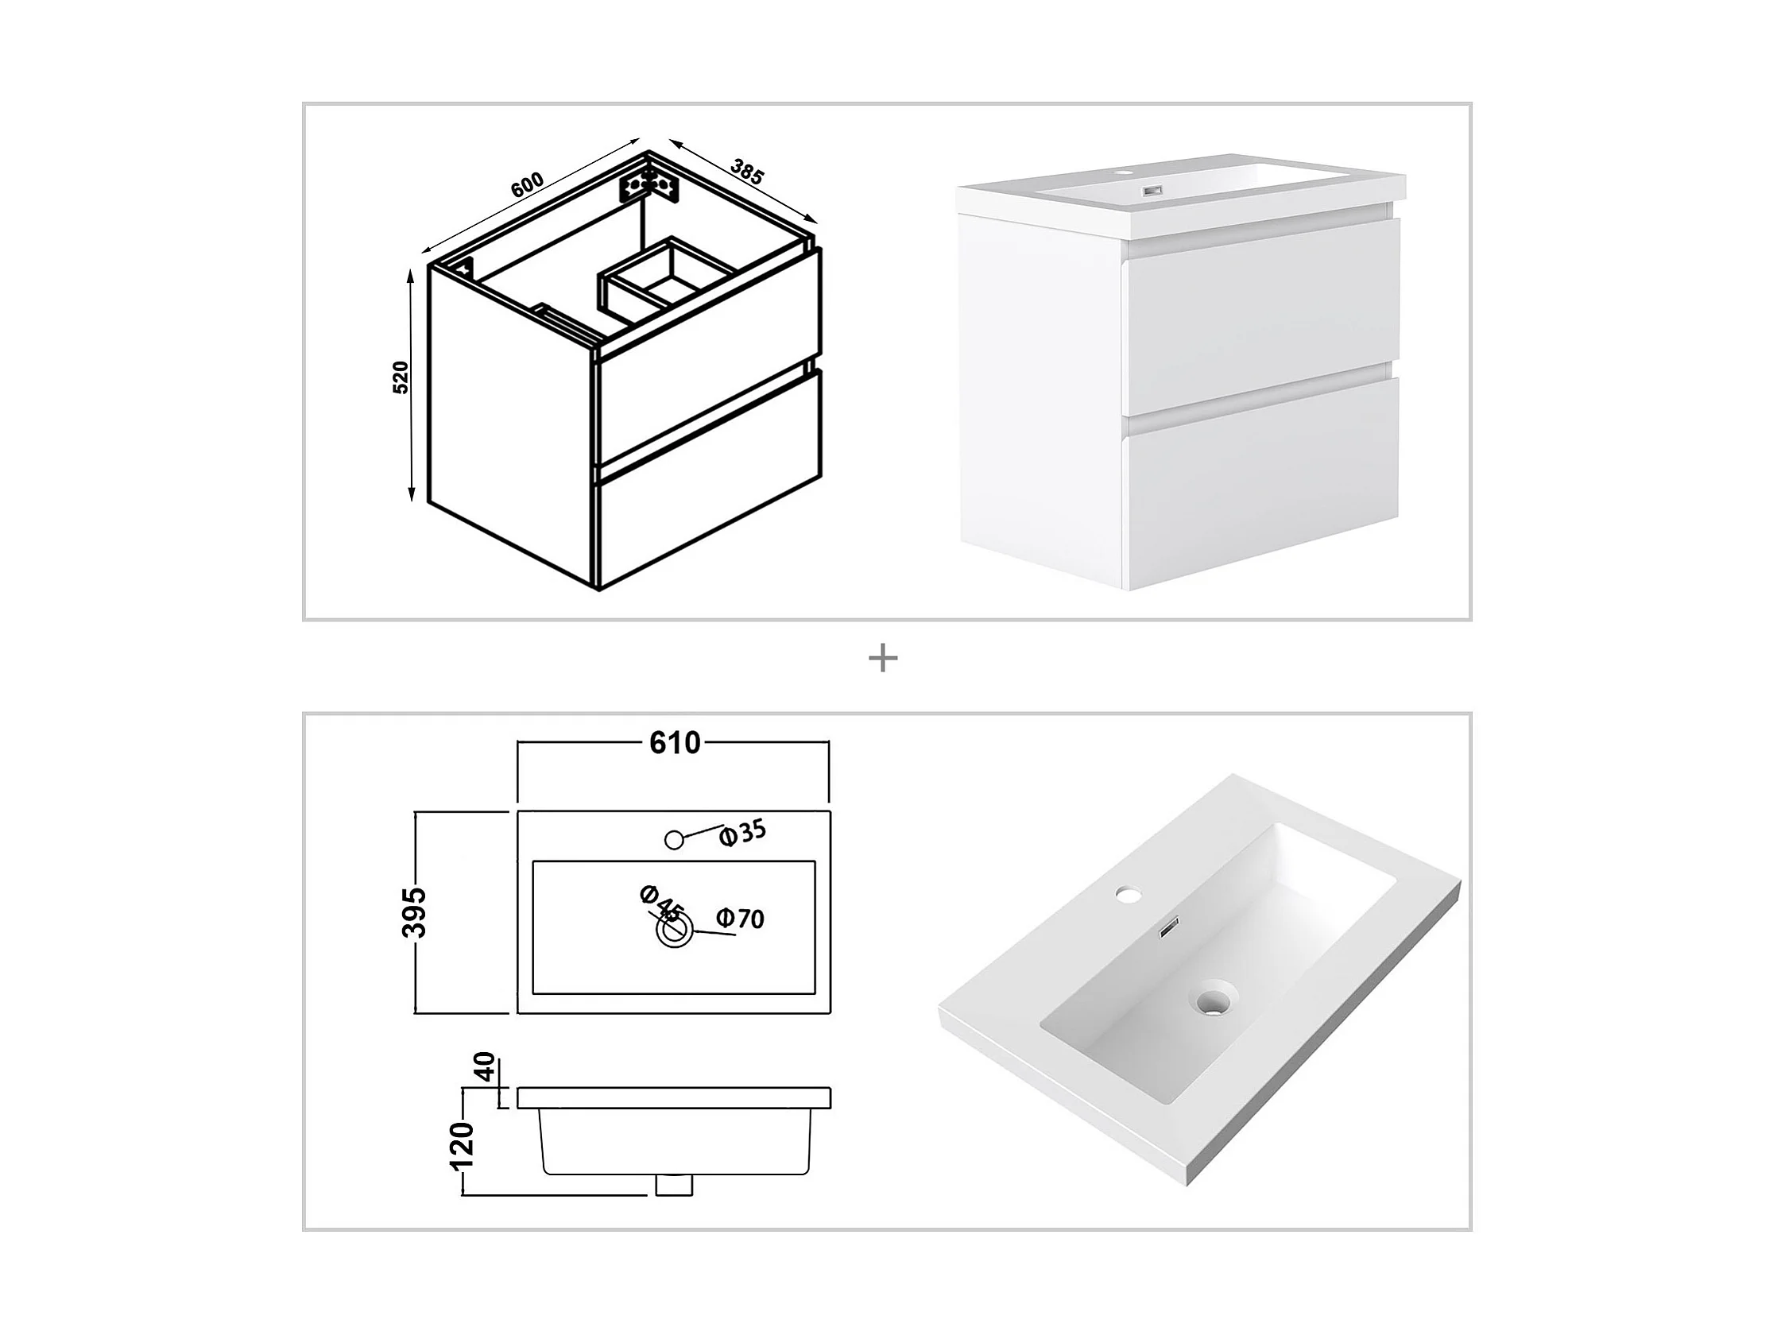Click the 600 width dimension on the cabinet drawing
(528, 185)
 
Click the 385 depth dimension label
(746, 172)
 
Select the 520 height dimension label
(401, 377)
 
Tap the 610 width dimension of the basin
(675, 742)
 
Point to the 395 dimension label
(416, 912)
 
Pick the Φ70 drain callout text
(740, 918)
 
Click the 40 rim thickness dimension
(486, 1069)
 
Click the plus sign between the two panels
(883, 660)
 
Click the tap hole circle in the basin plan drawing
(675, 840)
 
